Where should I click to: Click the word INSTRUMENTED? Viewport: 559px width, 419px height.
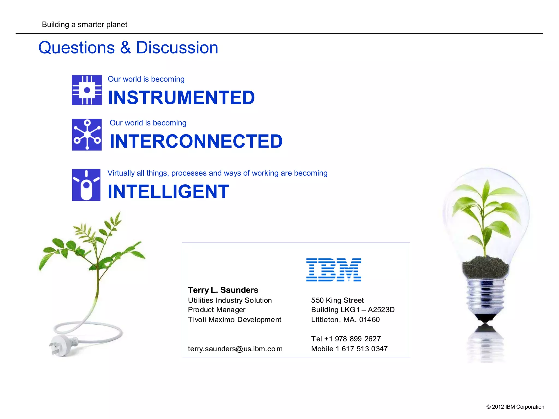[181, 98]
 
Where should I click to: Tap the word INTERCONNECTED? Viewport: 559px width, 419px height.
[196, 141]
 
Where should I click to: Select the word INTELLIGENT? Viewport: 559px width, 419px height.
[168, 191]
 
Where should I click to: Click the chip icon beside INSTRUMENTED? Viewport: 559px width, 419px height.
[87, 90]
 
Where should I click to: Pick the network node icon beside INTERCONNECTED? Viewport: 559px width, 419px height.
[87, 134]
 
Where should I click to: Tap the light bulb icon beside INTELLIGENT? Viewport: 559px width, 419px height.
[86, 185]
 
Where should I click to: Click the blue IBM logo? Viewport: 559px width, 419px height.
[334, 270]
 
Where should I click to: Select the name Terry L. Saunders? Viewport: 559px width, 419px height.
[223, 290]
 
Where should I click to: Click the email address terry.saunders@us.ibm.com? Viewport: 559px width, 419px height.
[235, 349]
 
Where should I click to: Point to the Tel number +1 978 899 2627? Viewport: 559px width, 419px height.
[346, 339]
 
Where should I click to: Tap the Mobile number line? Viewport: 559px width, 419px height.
[349, 349]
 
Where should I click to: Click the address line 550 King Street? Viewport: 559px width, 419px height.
[337, 300]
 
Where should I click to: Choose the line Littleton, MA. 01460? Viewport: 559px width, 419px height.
[345, 319]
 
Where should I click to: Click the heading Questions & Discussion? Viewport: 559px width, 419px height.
[128, 48]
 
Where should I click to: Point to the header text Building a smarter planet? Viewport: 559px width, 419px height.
[85, 25]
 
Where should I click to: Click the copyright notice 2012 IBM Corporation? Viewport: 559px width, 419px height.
[515, 407]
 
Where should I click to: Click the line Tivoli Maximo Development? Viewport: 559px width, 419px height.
[234, 319]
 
